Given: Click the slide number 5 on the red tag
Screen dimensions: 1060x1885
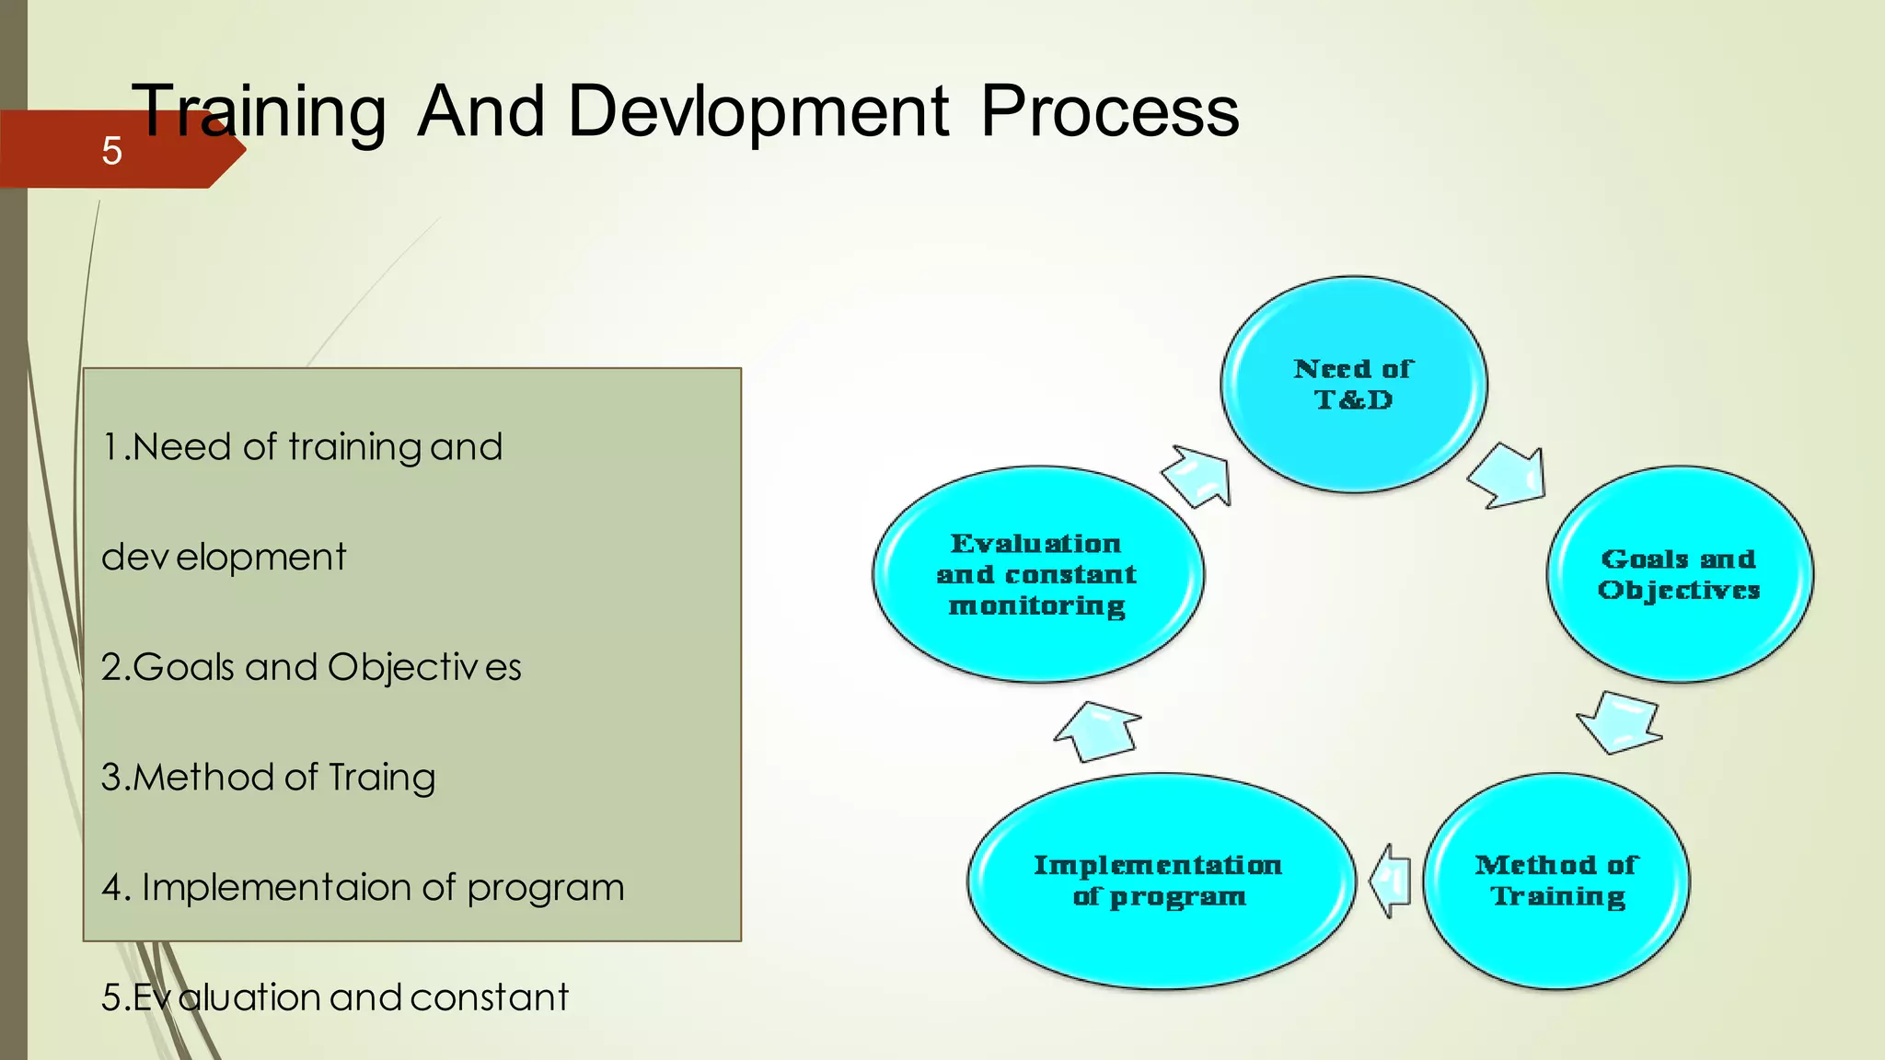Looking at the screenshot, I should (x=111, y=150).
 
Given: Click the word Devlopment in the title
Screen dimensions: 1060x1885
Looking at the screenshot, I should (x=757, y=111).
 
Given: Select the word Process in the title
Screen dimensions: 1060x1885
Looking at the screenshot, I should (x=1109, y=111).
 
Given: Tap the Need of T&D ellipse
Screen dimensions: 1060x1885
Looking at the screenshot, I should (x=1353, y=385).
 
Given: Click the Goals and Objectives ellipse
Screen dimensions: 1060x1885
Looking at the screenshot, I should (x=1679, y=574).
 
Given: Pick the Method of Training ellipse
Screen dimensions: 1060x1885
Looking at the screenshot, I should (x=1556, y=881).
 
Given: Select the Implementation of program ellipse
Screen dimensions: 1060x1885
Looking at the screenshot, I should (x=1159, y=881).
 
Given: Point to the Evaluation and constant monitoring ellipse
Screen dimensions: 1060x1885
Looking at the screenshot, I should (x=1037, y=574).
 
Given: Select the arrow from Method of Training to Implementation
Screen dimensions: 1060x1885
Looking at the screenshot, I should (x=1392, y=881).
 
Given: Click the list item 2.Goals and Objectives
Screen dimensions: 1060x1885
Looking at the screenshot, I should (x=311, y=667).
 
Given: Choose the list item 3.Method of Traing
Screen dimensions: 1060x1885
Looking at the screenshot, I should (x=268, y=778).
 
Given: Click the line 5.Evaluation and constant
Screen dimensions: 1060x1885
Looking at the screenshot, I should (x=335, y=997).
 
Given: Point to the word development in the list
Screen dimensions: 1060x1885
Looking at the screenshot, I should (x=224, y=557).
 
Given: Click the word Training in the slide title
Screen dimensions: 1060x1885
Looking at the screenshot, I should (x=260, y=111).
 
